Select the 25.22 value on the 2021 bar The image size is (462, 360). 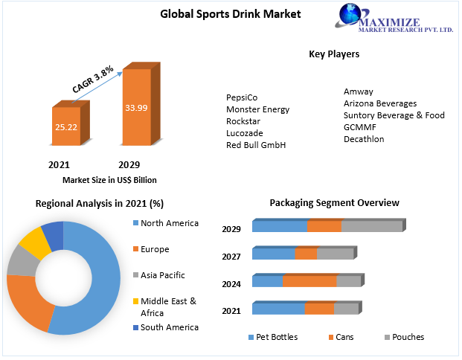pyautogui.click(x=65, y=127)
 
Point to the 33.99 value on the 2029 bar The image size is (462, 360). pyautogui.click(x=136, y=109)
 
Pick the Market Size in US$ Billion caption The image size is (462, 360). pyautogui.click(x=109, y=180)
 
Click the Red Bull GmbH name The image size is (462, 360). pyautogui.click(x=256, y=145)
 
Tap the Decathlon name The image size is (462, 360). pyautogui.click(x=364, y=139)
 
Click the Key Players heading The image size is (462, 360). pyautogui.click(x=334, y=54)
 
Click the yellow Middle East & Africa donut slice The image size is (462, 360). pyautogui.click(x=32, y=242)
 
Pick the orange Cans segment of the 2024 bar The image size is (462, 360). pyautogui.click(x=309, y=281)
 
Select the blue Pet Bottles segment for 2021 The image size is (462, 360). pyautogui.click(x=278, y=309)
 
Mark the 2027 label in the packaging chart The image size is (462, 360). pyautogui.click(x=231, y=257)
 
